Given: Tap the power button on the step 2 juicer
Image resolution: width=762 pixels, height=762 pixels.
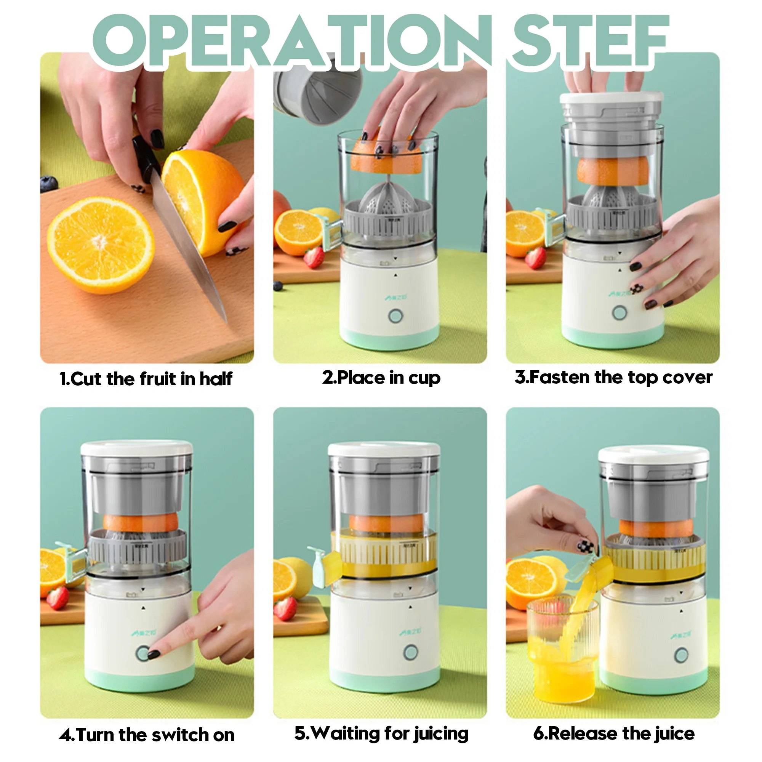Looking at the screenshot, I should (395, 316).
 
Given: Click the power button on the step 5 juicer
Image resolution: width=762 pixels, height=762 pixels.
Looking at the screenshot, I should (411, 653).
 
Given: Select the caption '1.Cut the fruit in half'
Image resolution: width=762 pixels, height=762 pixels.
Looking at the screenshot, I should (146, 379).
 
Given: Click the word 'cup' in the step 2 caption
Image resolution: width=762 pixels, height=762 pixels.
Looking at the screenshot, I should (424, 378).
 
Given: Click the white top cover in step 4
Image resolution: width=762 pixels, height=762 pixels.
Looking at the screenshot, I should (137, 448).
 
